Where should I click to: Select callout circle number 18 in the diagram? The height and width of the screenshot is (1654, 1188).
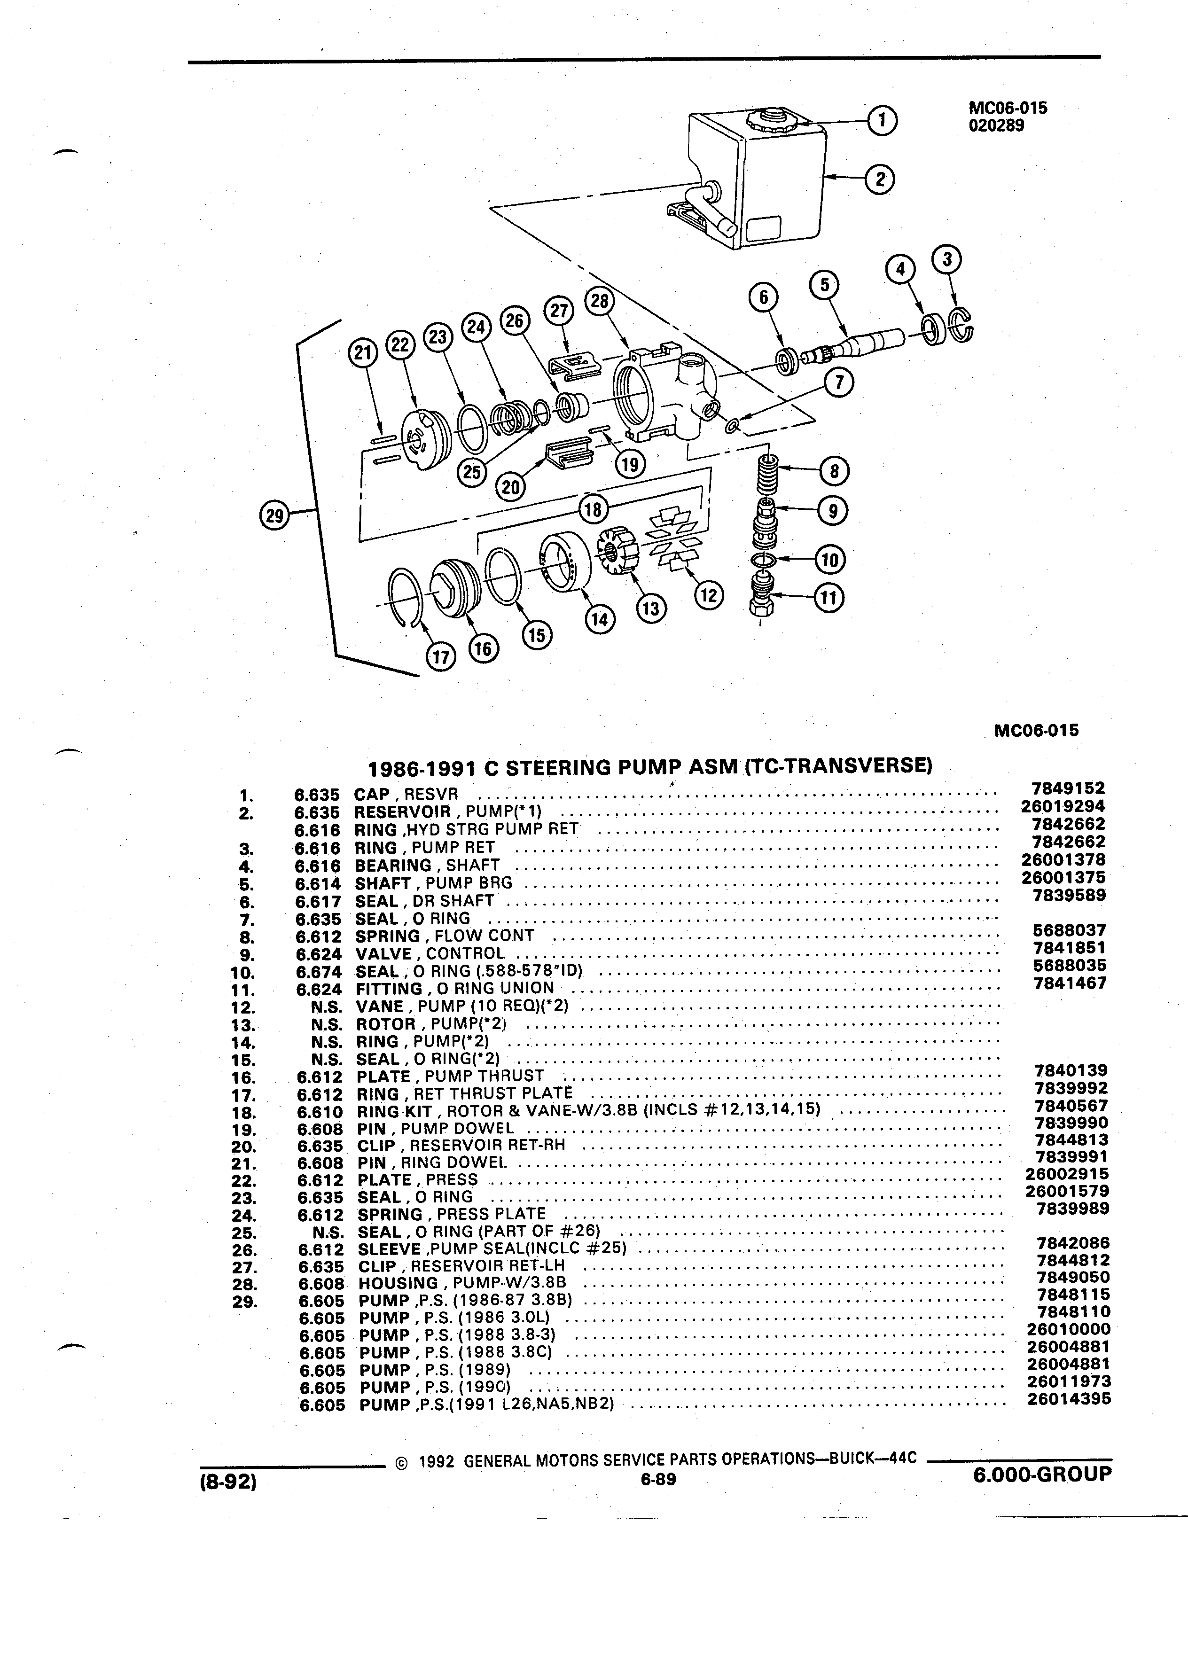(x=593, y=509)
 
